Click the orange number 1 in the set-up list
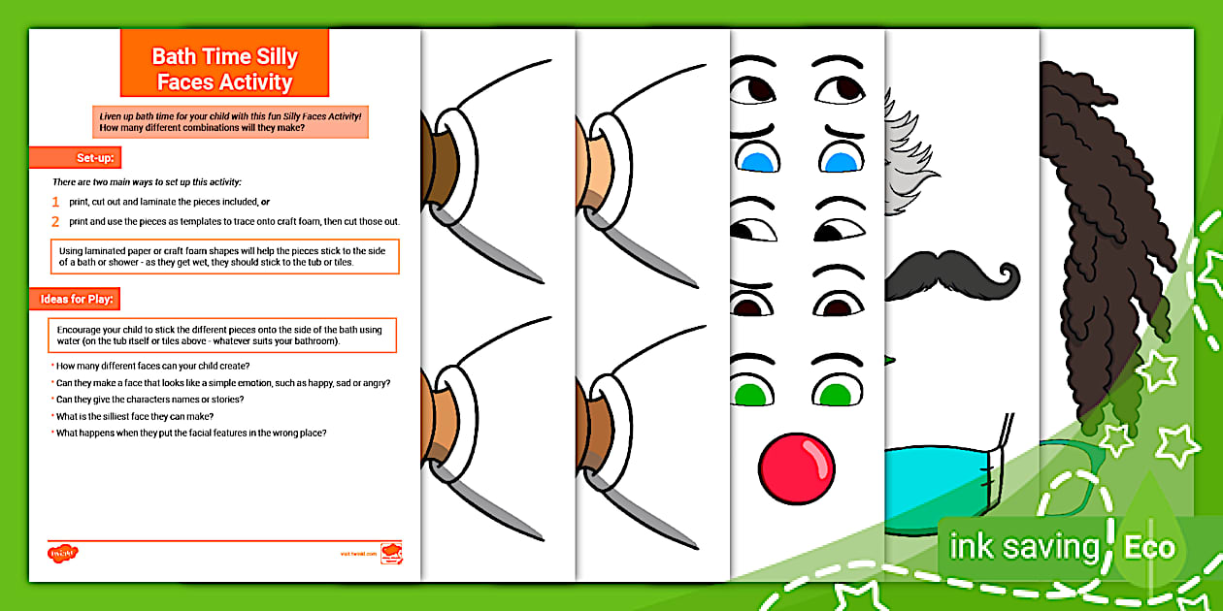coord(56,203)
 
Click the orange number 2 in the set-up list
coord(56,221)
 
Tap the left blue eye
coord(754,158)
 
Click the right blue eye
coord(838,158)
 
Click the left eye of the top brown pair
coord(754,89)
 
